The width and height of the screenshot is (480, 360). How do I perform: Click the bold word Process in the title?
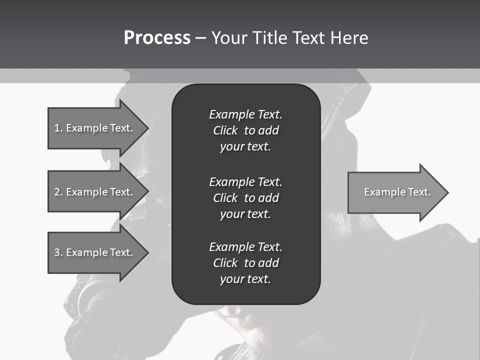point(157,37)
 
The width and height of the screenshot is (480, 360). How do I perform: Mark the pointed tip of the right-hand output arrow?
point(447,192)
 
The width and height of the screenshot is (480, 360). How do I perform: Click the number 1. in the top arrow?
point(58,128)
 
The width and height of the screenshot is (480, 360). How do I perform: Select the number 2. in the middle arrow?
point(58,192)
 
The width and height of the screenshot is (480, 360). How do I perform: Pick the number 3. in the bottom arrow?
point(58,252)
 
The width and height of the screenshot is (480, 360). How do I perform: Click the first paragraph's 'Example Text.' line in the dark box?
point(245,114)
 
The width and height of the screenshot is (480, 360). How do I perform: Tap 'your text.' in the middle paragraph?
point(245,214)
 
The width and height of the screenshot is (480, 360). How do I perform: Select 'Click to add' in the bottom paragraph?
point(245,263)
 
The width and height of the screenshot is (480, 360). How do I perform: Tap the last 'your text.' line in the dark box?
point(245,279)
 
